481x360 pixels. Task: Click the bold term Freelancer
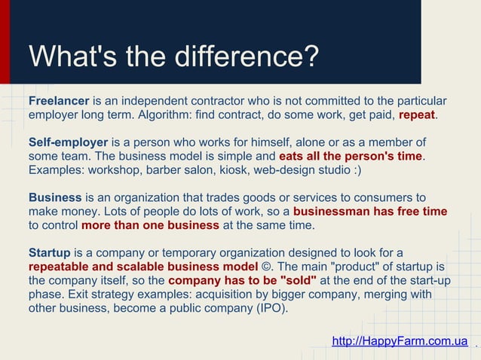[59, 101]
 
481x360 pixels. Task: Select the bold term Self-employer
[69, 142]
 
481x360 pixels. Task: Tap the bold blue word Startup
[50, 252]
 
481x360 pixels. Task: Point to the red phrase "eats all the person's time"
[351, 157]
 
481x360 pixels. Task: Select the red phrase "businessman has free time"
[369, 212]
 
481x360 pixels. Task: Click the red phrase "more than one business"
[150, 225]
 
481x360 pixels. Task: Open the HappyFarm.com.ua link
[400, 341]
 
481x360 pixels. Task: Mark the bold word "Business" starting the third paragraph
[55, 197]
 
